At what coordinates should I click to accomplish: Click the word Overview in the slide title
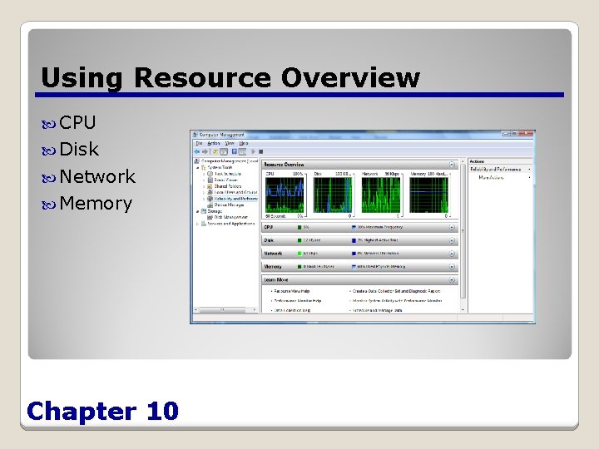point(350,77)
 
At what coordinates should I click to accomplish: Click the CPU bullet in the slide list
point(77,123)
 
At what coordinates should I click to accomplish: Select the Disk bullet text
point(79,150)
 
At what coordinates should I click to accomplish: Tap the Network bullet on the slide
point(97,176)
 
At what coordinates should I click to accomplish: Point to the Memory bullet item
point(96,203)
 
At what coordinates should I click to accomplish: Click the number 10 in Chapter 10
point(161,411)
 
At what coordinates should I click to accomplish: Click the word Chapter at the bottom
point(82,411)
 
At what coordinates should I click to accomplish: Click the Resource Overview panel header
point(285,165)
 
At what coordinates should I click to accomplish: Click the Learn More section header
point(277,280)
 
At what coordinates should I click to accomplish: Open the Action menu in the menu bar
point(214,143)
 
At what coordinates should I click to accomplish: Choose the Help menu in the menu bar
point(244,143)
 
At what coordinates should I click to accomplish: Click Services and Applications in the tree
point(230,224)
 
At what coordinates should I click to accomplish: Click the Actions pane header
point(477,161)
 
